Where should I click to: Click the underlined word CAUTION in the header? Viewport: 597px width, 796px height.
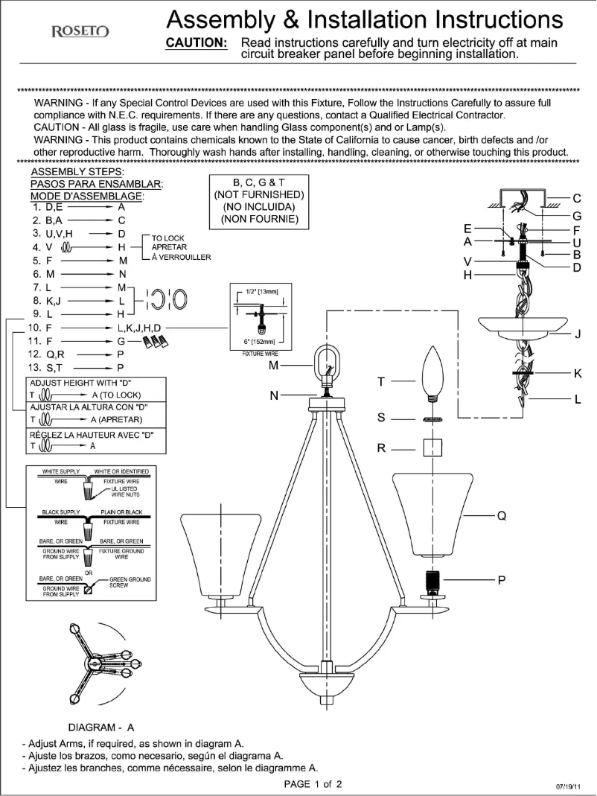click(x=196, y=42)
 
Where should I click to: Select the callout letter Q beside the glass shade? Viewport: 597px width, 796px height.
click(x=501, y=516)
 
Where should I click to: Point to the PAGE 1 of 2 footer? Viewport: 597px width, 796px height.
click(x=313, y=784)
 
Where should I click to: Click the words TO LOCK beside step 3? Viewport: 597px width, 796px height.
click(x=168, y=238)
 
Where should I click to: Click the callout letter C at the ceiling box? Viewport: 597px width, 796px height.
click(x=577, y=198)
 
